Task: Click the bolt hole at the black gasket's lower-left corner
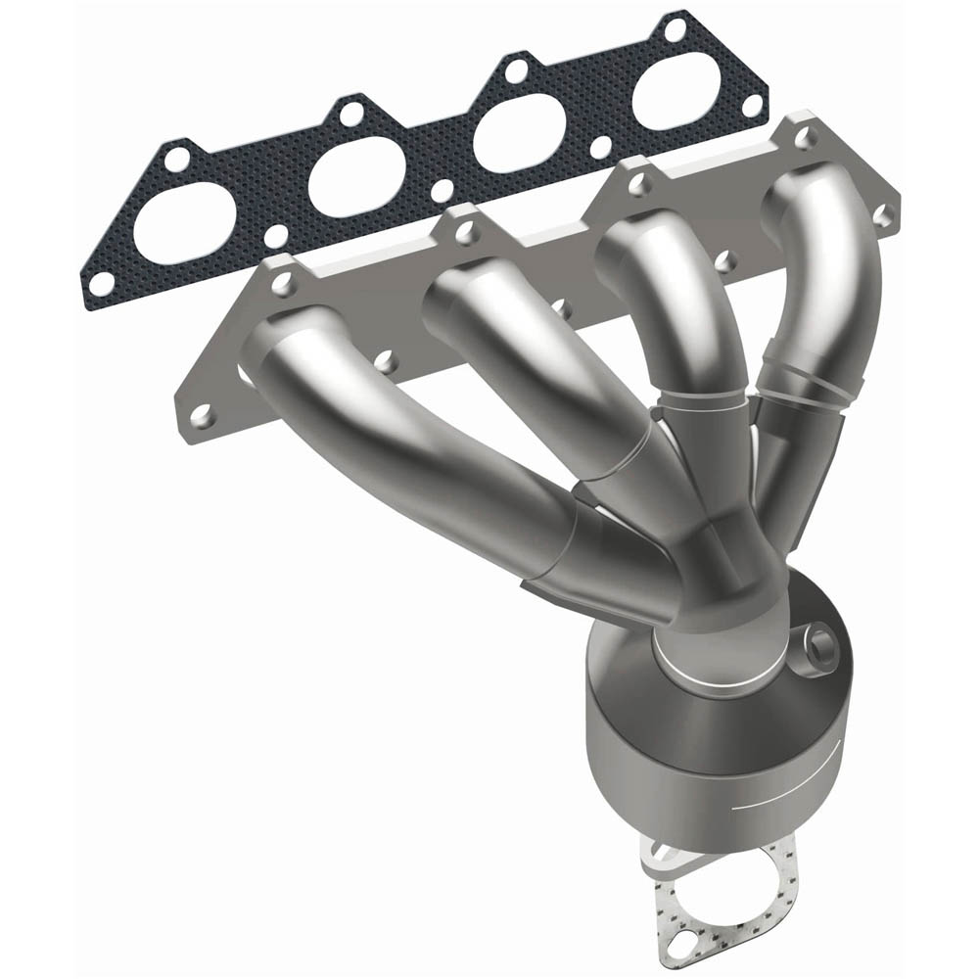(x=100, y=284)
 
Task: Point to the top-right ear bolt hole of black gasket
(x=675, y=29)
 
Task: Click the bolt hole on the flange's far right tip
(x=882, y=210)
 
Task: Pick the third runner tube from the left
(x=676, y=303)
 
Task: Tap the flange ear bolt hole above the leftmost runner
(x=283, y=282)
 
